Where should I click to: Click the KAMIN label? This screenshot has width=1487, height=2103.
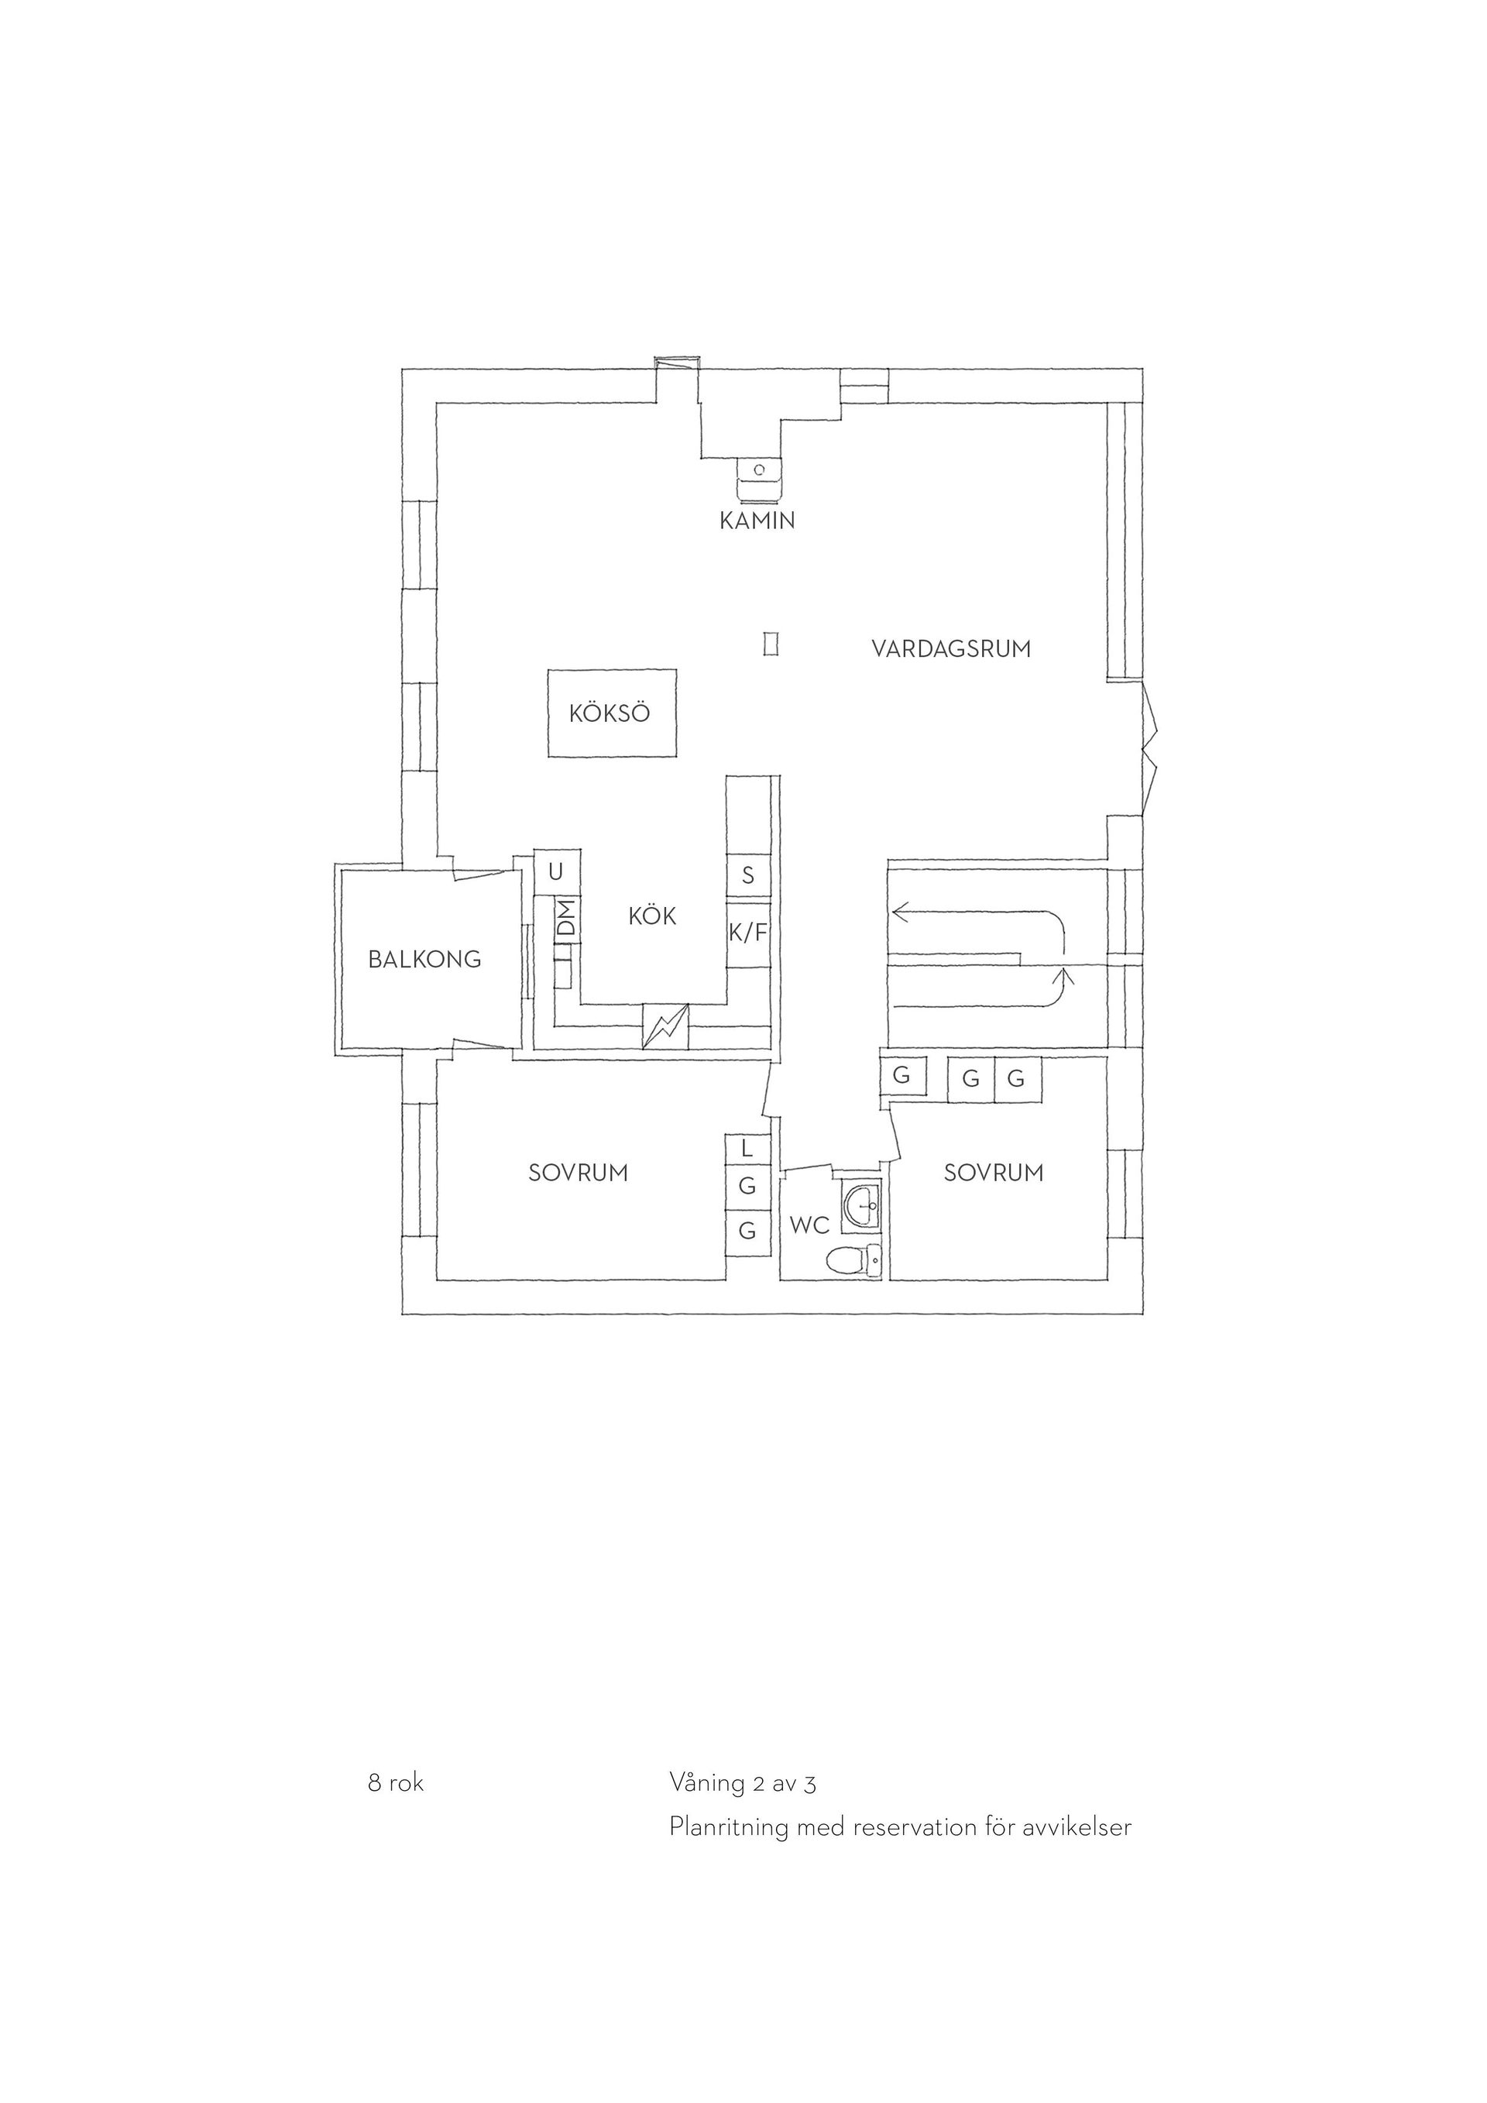[x=757, y=521]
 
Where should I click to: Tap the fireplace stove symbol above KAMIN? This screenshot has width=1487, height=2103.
[x=759, y=478]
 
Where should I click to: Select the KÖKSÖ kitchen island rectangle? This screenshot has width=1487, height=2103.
[x=612, y=713]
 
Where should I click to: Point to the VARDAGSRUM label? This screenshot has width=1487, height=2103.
[x=950, y=648]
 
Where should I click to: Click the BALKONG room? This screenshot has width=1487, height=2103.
[x=426, y=958]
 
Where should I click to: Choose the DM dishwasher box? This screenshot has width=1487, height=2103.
[x=567, y=919]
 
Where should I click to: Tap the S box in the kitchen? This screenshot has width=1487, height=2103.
[x=748, y=875]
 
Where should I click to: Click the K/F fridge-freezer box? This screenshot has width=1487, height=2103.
[x=748, y=933]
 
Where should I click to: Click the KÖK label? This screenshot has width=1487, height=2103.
[x=652, y=915]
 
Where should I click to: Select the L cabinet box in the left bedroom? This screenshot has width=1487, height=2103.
[x=748, y=1148]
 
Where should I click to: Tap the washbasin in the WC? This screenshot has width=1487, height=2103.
[x=860, y=1204]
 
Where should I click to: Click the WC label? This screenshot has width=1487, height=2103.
[x=809, y=1225]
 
